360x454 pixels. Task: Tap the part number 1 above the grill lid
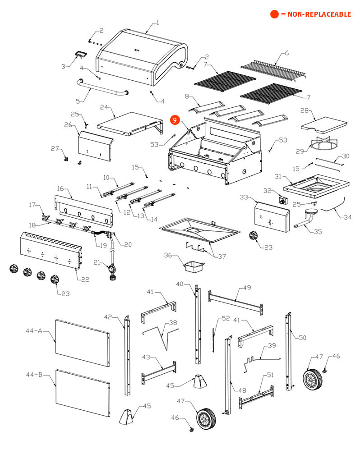click(157, 23)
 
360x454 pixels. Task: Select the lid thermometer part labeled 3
click(82, 55)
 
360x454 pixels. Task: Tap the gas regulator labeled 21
click(111, 271)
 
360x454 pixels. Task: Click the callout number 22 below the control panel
click(85, 280)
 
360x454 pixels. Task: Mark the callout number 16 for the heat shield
click(60, 188)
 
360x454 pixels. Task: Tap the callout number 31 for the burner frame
click(278, 176)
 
